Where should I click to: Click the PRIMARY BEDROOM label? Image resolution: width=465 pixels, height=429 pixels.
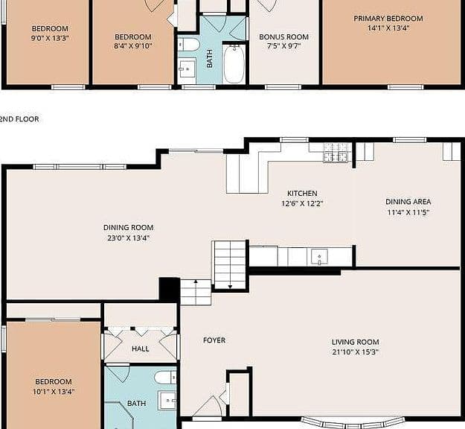[x=388, y=19]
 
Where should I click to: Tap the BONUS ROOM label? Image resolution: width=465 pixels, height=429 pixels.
[x=283, y=36]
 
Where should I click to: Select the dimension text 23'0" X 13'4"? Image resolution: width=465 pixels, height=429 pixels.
[x=129, y=238]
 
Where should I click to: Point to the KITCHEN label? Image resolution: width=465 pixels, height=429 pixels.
[x=302, y=193]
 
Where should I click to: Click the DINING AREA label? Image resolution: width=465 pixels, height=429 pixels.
[x=408, y=202]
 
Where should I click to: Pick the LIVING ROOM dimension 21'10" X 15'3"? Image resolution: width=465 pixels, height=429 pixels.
[x=356, y=352]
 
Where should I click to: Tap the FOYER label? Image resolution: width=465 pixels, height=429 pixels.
[x=214, y=340]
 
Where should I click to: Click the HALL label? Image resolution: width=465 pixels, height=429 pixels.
[x=141, y=349]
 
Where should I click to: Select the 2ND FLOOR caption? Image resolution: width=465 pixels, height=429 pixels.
[x=19, y=119]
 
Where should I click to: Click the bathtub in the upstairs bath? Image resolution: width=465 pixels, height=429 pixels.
[x=234, y=64]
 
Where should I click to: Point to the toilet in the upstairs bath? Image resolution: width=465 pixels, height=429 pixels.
[x=188, y=45]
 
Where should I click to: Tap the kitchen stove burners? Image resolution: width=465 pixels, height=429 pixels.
[x=335, y=152]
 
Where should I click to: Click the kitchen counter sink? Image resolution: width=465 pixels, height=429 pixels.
[x=319, y=256]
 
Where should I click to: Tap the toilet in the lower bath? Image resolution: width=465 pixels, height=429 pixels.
[x=165, y=378]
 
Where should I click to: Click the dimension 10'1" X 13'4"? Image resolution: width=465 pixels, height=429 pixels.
[x=54, y=392]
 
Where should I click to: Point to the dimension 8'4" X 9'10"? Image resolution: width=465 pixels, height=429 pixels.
[x=133, y=46]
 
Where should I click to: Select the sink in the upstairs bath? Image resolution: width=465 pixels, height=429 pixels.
[x=187, y=69]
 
